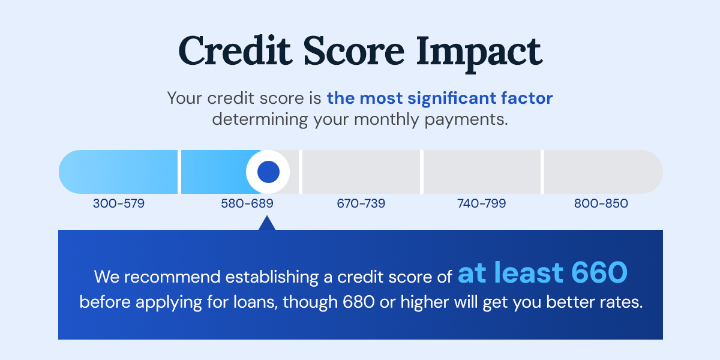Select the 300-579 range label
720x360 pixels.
click(x=119, y=204)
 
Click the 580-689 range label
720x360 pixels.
click(x=247, y=204)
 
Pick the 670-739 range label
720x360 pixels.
click(x=361, y=204)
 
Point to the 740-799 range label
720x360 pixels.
click(x=481, y=204)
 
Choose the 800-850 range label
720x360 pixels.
click(x=601, y=204)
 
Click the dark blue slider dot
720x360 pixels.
click(x=268, y=172)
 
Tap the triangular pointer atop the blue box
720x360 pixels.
click(x=267, y=224)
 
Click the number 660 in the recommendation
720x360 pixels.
click(x=599, y=274)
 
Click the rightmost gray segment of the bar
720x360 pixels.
click(x=602, y=172)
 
